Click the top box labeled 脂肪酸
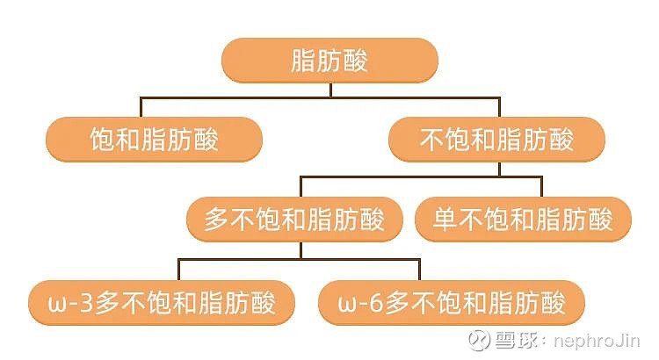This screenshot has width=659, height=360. coord(329,60)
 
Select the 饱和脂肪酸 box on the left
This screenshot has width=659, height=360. coord(155,139)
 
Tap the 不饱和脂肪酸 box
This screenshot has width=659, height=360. coord(496,139)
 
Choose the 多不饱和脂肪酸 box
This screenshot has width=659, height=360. coord(294,219)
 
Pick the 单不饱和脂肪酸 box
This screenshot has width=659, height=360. coord(523,219)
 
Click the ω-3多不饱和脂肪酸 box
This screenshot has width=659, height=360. coord(162,302)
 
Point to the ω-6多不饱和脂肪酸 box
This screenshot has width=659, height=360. coord(452,302)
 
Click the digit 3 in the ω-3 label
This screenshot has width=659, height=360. coord(86,303)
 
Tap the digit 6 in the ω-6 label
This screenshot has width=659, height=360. coord(376,303)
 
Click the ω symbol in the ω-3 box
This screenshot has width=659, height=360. coord(57,305)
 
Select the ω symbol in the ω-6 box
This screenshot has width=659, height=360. coord(347,305)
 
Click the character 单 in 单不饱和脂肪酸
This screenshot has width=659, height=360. coord(445,219)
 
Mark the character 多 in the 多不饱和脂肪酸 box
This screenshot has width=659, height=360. coord(217,219)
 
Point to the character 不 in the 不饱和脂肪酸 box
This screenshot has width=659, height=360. coord(431,139)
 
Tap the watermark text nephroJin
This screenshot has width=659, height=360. coord(597,341)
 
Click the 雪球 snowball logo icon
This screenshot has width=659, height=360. coord(479,340)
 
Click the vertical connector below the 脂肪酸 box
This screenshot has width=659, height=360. coord(330,90)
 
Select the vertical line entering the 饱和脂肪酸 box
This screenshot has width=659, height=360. coord(141,107)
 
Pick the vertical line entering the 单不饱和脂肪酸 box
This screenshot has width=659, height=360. coord(541,187)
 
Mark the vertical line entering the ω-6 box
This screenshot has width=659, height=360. coord(419,270)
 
